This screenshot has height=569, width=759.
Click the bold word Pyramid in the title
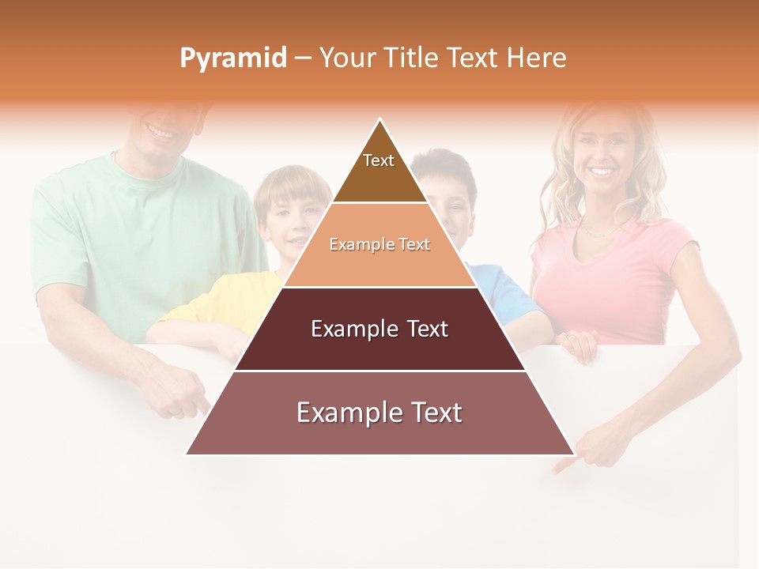click(x=233, y=58)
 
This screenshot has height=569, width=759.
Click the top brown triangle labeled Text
click(x=379, y=170)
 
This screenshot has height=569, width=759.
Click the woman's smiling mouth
click(x=602, y=171)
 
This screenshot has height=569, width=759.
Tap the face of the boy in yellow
click(x=291, y=217)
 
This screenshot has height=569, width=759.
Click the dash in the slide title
click(x=303, y=58)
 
